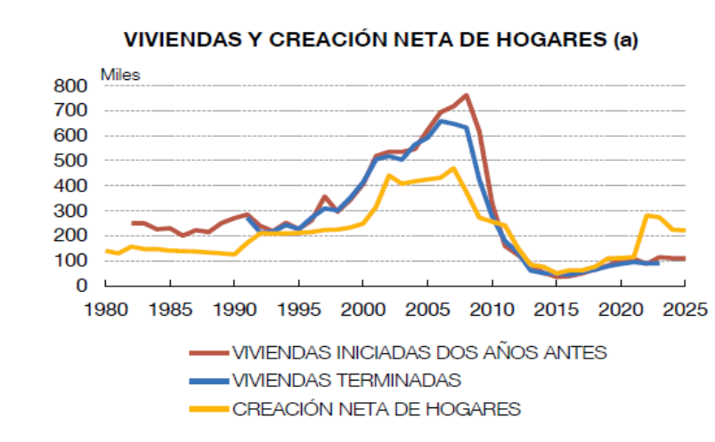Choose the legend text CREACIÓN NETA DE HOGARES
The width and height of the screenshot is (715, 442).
[x=376, y=409]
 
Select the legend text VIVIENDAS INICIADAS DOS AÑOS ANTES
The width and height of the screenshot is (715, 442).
[x=419, y=352]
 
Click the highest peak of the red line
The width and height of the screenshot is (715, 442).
[x=467, y=95]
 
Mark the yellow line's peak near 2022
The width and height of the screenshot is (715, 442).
[x=646, y=215]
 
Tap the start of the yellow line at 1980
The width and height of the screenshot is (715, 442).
[x=106, y=251]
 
